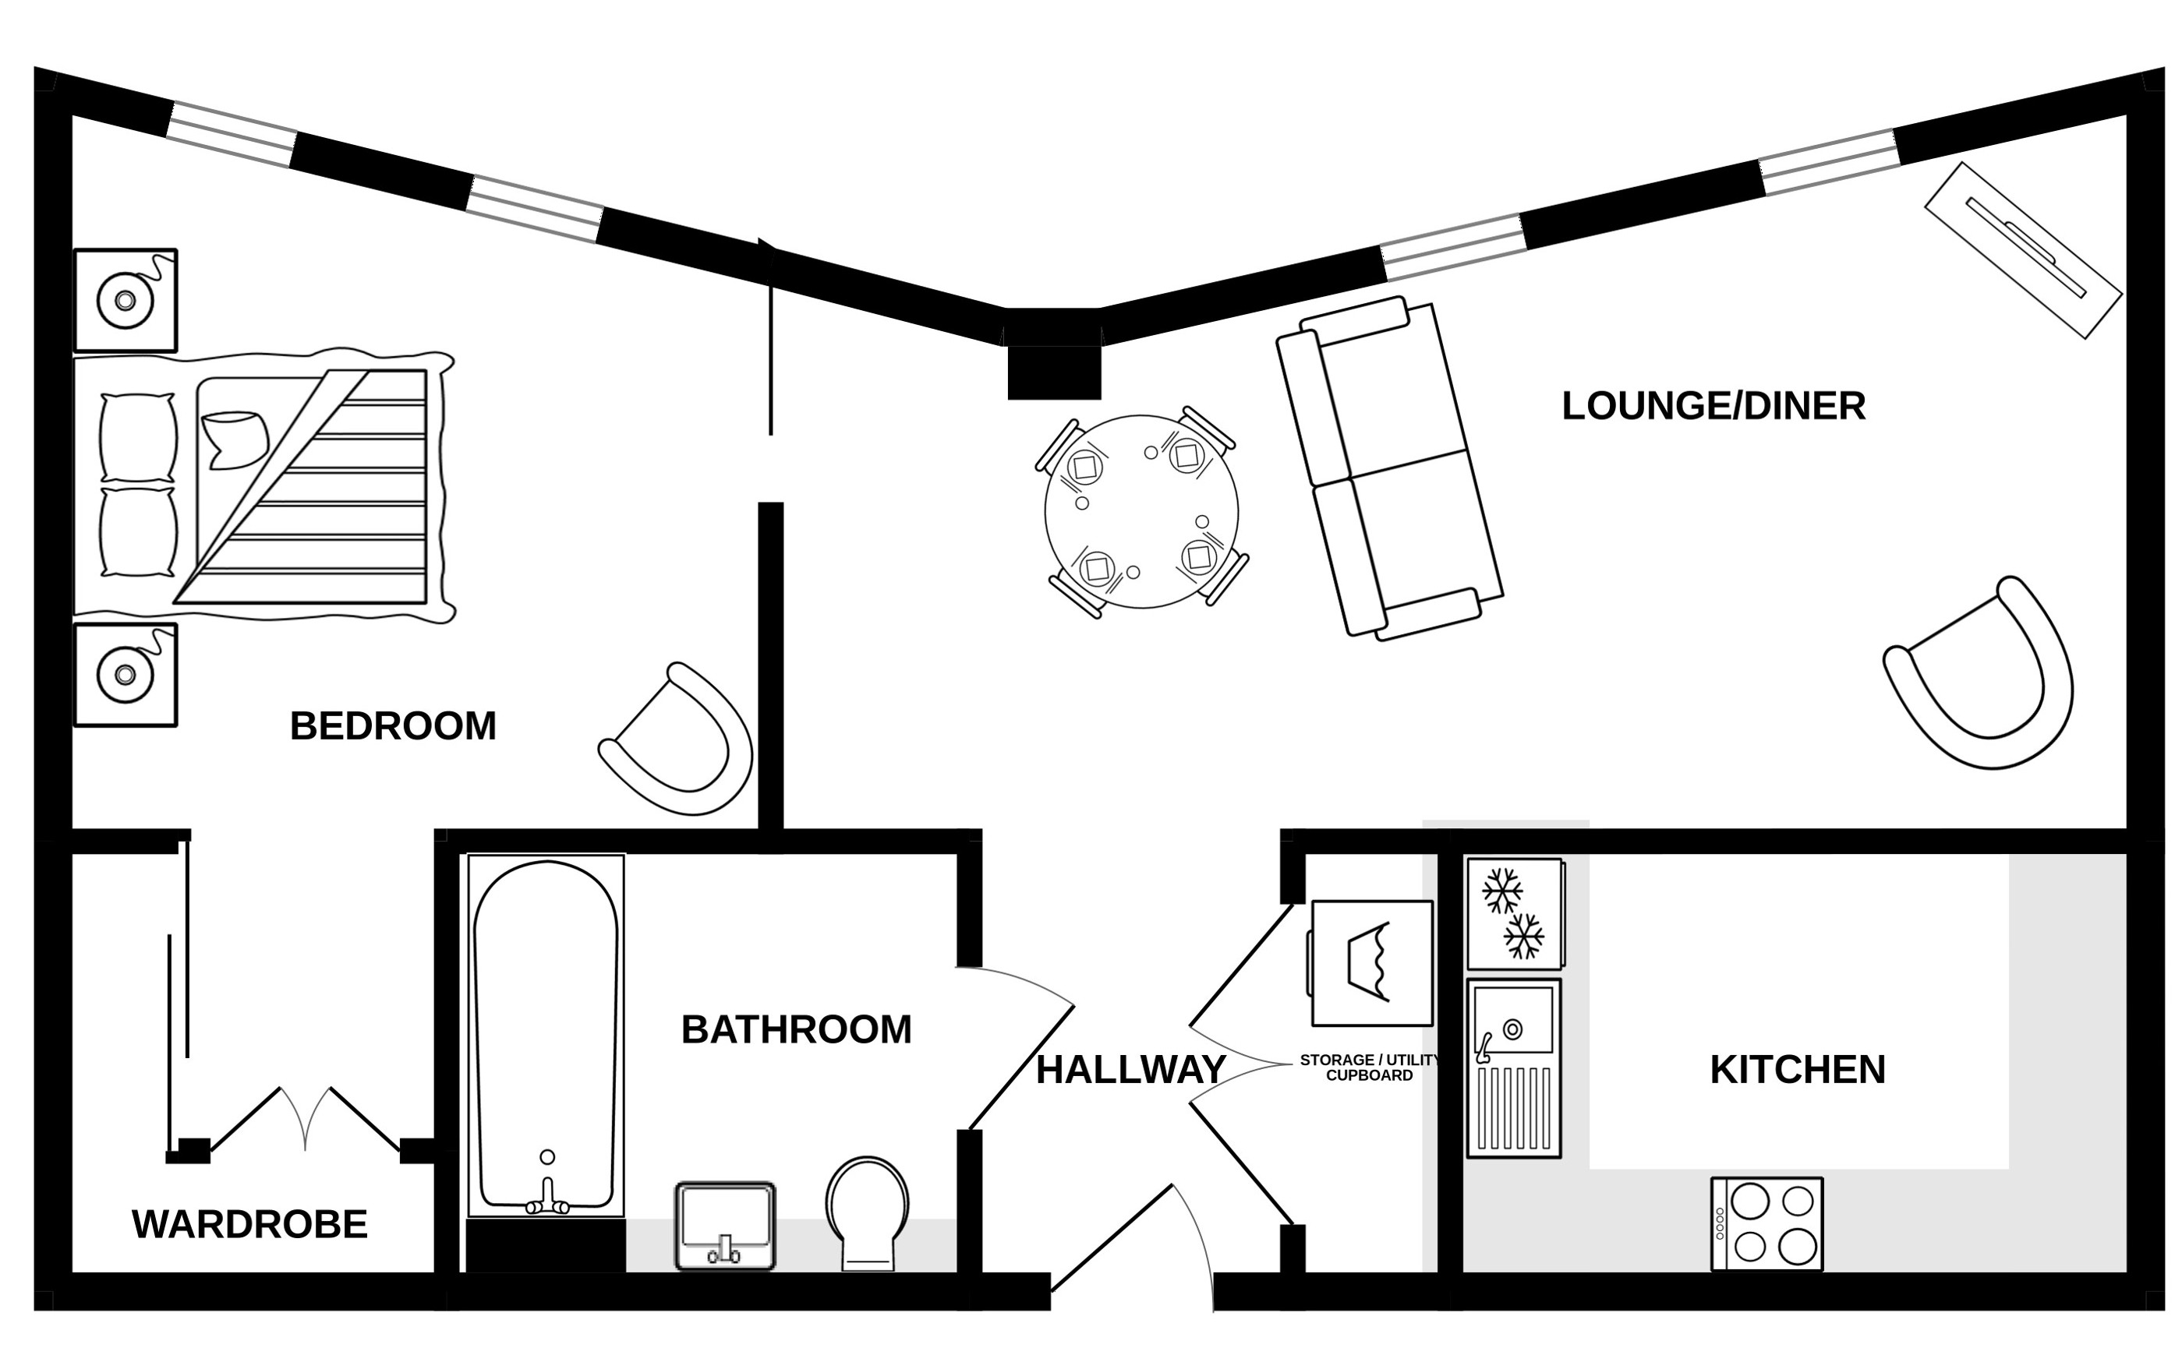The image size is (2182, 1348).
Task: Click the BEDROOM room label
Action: pyautogui.click(x=392, y=727)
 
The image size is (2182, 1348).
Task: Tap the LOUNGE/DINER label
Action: pyautogui.click(x=1713, y=407)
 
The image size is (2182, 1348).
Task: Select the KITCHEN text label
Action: pyautogui.click(x=1798, y=1070)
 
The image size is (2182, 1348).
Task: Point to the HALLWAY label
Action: pyautogui.click(x=1130, y=1070)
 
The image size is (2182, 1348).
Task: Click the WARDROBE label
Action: pyautogui.click(x=249, y=1225)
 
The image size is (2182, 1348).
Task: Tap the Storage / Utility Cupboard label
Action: pyautogui.click(x=1370, y=1067)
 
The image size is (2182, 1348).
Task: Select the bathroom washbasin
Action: pyautogui.click(x=725, y=1226)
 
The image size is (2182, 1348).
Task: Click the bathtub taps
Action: pyautogui.click(x=547, y=1198)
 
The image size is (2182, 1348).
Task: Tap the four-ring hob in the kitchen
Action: pyautogui.click(x=1766, y=1224)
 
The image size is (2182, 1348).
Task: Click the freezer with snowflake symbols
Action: pyautogui.click(x=1514, y=913)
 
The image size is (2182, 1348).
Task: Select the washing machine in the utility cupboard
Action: pyautogui.click(x=1371, y=964)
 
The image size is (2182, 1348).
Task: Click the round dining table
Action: pyautogui.click(x=1141, y=512)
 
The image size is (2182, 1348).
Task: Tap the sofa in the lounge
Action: pyautogui.click(x=1389, y=469)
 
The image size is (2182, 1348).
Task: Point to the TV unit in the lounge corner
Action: pyautogui.click(x=2023, y=251)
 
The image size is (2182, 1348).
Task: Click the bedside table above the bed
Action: pyautogui.click(x=126, y=301)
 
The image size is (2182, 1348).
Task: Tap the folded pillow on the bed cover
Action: pyautogui.click(x=235, y=439)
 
